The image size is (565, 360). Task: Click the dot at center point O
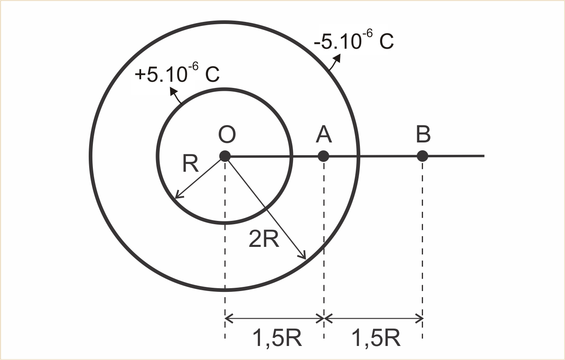click(x=225, y=156)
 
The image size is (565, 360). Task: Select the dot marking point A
click(x=324, y=156)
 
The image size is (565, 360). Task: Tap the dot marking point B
click(x=423, y=156)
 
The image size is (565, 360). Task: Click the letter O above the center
click(x=227, y=135)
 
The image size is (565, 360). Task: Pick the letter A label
click(x=324, y=135)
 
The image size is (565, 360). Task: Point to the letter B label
click(x=423, y=135)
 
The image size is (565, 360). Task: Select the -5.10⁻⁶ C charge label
click(x=354, y=40)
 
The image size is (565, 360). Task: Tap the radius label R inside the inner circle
click(x=190, y=163)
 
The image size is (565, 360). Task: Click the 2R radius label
click(x=264, y=239)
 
